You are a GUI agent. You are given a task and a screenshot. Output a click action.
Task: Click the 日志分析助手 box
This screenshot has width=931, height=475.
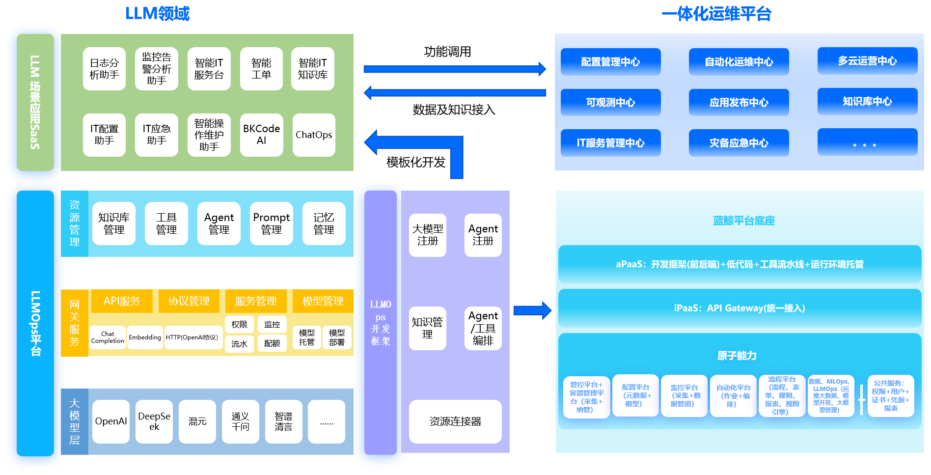click(x=104, y=69)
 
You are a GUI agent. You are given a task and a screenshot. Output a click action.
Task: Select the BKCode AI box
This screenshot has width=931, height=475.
click(x=261, y=135)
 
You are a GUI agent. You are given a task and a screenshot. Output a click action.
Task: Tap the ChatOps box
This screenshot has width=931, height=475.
click(x=314, y=135)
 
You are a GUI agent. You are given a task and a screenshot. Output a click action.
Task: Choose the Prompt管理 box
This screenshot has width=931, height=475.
click(x=271, y=224)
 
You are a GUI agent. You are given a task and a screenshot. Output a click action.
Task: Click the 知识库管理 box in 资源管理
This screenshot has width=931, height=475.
click(x=114, y=224)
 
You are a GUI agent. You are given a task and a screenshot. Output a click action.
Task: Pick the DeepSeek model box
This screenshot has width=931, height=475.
click(x=154, y=421)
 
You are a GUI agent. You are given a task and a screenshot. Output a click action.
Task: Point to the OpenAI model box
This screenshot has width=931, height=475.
click(x=111, y=421)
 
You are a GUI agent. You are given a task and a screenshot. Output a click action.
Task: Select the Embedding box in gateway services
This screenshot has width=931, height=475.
click(x=145, y=337)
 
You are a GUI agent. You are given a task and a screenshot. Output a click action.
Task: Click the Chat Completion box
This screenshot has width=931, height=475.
click(x=108, y=337)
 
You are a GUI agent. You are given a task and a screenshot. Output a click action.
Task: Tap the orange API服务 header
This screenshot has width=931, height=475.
click(x=122, y=301)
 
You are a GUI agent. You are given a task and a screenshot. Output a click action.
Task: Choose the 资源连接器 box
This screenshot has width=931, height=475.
click(x=455, y=421)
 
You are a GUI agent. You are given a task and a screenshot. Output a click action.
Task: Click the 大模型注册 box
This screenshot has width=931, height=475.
click(x=427, y=235)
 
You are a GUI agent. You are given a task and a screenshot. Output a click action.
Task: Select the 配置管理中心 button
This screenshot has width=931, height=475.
click(x=610, y=62)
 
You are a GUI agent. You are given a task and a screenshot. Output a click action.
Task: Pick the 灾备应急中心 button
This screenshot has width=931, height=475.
click(x=739, y=143)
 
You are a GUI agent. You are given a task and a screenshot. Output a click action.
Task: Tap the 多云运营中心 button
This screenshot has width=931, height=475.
click(x=867, y=61)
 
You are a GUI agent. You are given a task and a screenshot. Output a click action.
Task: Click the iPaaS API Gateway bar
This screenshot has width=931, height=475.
click(x=739, y=308)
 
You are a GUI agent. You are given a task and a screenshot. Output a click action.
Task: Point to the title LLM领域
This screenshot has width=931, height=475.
click(x=157, y=14)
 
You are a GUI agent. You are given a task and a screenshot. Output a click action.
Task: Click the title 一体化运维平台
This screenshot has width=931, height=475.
click(x=716, y=14)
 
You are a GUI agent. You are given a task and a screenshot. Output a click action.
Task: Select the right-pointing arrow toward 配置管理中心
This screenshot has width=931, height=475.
click(x=454, y=69)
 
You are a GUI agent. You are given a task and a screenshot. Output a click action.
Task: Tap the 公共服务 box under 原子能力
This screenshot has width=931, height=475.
click(x=891, y=395)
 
